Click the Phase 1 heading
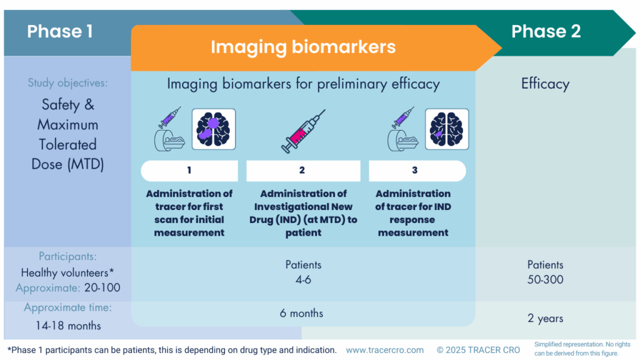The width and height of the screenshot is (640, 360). (60, 31)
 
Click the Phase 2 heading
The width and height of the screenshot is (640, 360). (546, 31)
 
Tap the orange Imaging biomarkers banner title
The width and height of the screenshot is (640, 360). (303, 47)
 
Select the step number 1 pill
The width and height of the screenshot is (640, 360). (189, 171)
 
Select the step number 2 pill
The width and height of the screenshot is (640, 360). (302, 171)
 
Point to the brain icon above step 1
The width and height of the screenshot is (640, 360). (214, 129)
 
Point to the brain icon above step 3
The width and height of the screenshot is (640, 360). (447, 129)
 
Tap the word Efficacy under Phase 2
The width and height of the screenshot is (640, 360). (545, 84)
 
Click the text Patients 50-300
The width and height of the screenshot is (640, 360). (545, 272)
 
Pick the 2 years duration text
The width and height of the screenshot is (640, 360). (545, 318)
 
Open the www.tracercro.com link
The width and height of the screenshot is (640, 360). (384, 350)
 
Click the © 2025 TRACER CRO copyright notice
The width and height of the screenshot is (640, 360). (478, 350)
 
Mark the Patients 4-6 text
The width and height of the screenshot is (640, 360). (302, 272)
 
